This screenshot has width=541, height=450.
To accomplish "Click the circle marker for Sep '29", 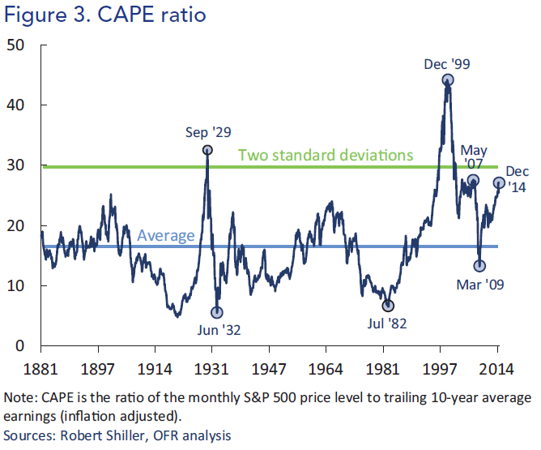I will coord(207,150).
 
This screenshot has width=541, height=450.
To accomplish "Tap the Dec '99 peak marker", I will coord(447,80).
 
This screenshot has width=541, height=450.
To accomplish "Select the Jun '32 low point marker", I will coord(217,312).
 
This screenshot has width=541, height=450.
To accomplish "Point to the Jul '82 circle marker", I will coord(389,306).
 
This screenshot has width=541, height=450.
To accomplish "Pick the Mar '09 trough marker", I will coord(479,266).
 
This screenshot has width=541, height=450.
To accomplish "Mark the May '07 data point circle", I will coord(473,180).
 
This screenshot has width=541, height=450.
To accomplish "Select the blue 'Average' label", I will coord(166,236).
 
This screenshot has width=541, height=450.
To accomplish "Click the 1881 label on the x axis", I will coord(41,367).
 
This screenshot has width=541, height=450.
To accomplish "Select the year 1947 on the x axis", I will coord(269,367).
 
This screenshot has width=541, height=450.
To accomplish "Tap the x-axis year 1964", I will coord(326,367).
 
